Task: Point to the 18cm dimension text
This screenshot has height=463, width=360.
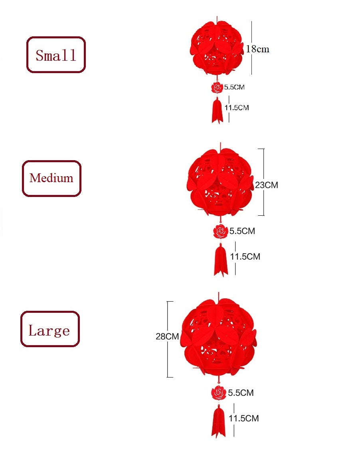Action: (257, 49)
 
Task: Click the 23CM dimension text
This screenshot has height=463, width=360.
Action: (267, 185)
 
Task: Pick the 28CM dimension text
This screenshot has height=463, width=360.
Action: (167, 336)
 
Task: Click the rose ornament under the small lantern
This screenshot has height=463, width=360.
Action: (217, 87)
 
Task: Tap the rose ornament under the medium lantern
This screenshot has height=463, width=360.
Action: (221, 231)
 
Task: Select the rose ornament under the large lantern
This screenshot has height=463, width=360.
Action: (219, 393)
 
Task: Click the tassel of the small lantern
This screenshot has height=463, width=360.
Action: (217, 110)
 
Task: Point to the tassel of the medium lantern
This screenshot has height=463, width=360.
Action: (221, 260)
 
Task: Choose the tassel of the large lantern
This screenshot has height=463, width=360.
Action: (218, 421)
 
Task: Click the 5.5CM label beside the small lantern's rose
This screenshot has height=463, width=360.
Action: (234, 87)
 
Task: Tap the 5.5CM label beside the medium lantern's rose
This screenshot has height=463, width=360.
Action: (242, 231)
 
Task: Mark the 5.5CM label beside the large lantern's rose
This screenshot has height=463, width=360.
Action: (241, 393)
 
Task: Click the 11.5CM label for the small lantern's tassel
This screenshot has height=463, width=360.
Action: (237, 108)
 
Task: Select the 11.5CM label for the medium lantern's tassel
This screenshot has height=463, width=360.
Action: (245, 256)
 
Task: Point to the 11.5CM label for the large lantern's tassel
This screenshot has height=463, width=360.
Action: (244, 418)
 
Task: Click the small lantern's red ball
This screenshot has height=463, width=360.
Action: (217, 48)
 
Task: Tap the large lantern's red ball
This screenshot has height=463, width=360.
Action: (218, 337)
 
